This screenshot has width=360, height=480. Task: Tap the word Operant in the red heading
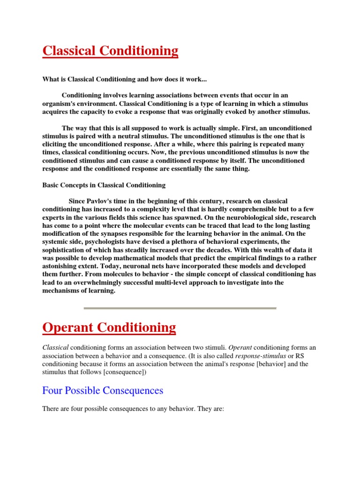67,327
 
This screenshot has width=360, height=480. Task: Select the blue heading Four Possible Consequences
103,390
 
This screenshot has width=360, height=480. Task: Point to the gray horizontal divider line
180,308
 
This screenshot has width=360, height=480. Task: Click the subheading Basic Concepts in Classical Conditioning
104,185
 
